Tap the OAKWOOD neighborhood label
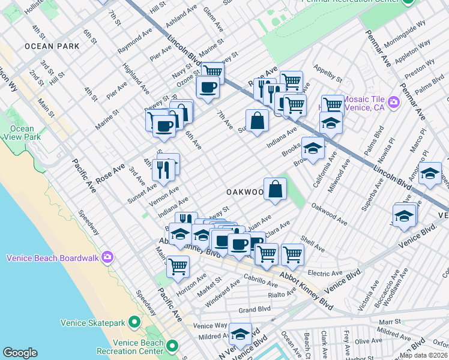click(x=245, y=192)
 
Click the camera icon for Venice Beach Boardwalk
click(x=107, y=258)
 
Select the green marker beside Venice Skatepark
click(x=134, y=323)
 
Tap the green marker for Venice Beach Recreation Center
click(x=172, y=346)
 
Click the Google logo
click(x=20, y=353)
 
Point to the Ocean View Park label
click(x=22, y=133)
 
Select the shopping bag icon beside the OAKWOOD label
click(x=275, y=189)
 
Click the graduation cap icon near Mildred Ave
click(x=241, y=334)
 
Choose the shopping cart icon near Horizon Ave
click(x=178, y=266)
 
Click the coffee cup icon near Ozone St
click(x=208, y=86)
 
